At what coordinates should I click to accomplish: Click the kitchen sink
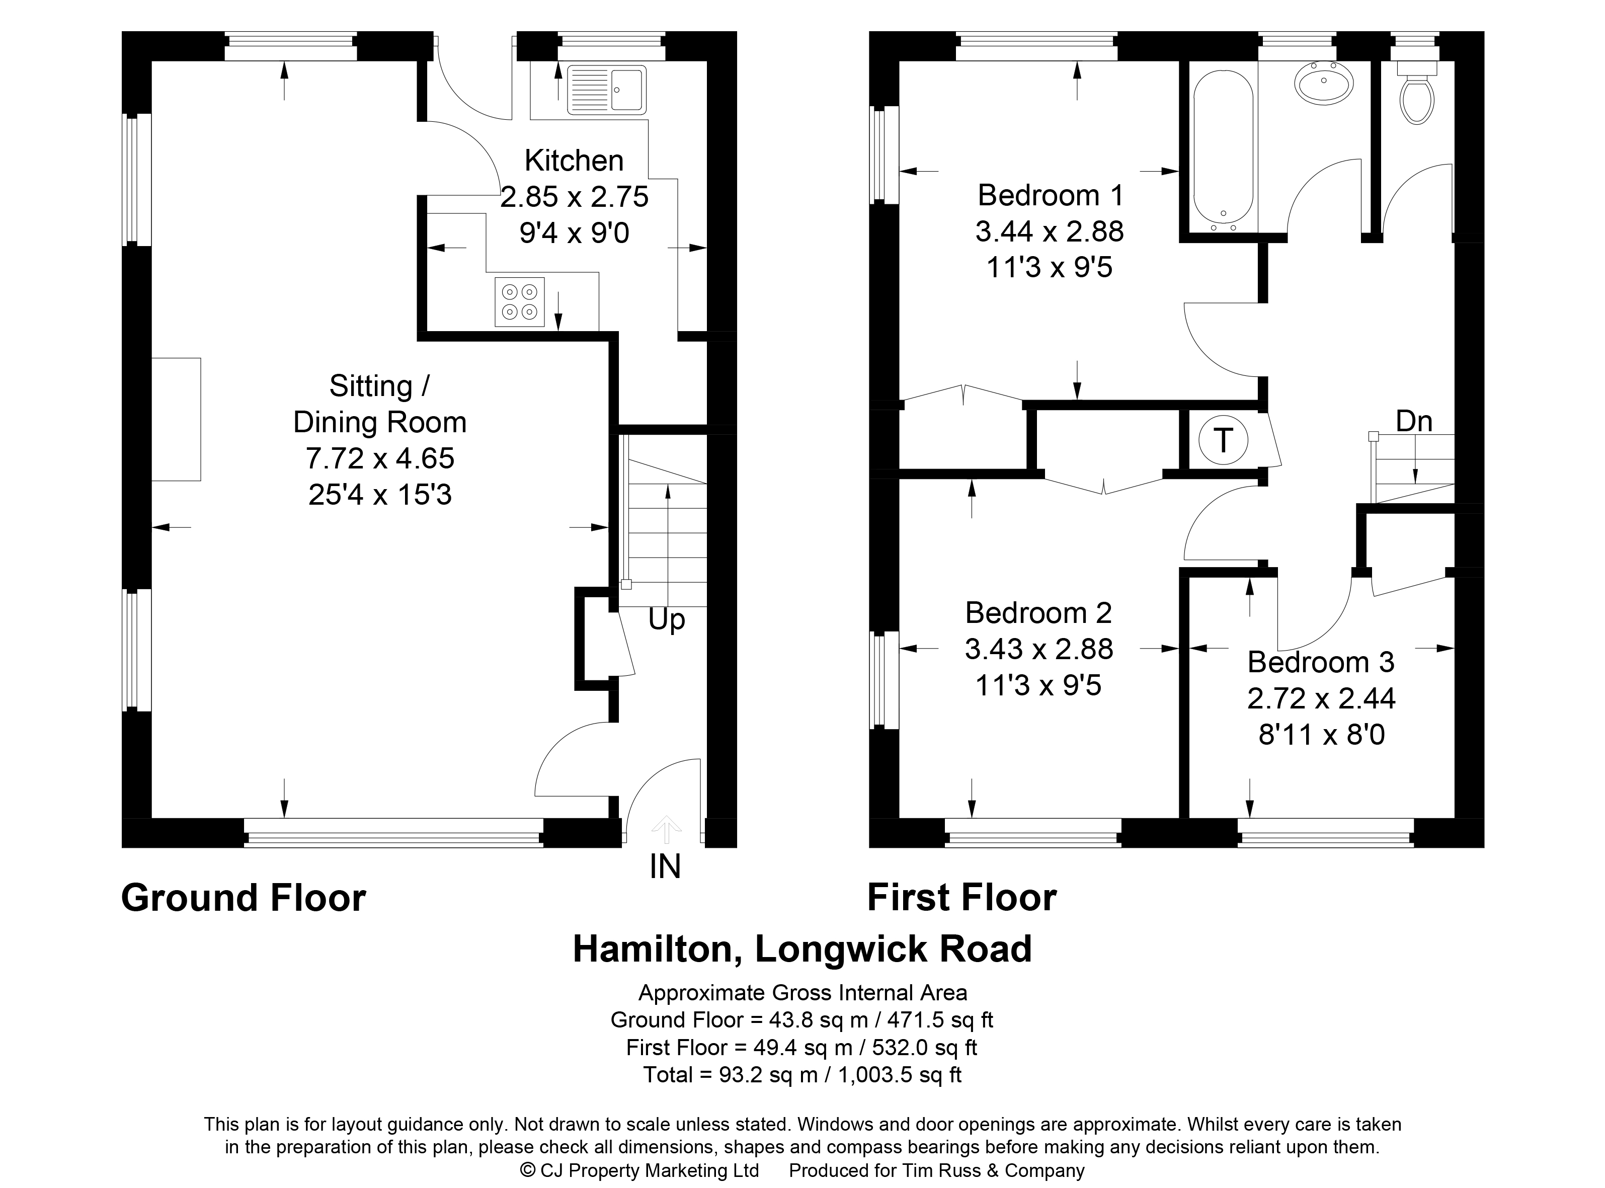click(x=606, y=90)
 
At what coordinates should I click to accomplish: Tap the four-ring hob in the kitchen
click(x=520, y=302)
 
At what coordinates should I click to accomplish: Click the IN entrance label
click(x=665, y=866)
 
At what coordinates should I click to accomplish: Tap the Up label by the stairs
click(x=667, y=620)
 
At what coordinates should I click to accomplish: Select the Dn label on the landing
click(x=1414, y=421)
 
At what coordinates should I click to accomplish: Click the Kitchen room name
click(x=574, y=161)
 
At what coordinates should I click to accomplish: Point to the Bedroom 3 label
click(x=1321, y=662)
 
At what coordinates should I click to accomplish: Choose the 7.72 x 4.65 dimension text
click(x=380, y=458)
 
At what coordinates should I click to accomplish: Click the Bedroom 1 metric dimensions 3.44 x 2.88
click(x=1049, y=231)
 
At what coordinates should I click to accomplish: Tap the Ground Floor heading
click(x=244, y=898)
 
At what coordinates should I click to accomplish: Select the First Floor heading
click(x=962, y=898)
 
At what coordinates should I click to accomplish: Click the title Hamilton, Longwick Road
click(x=802, y=949)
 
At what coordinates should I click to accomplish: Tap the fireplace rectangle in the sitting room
click(x=176, y=419)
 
